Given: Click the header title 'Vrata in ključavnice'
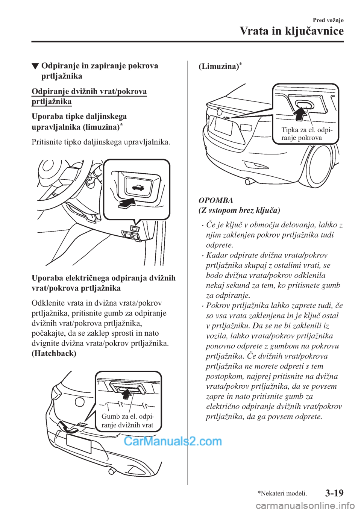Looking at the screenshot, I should pos(291,30).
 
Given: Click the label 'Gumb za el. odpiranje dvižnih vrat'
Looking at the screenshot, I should pos(127,421).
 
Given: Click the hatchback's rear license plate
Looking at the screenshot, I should pos(79,444).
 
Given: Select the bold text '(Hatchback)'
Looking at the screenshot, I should pos(54,353).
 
